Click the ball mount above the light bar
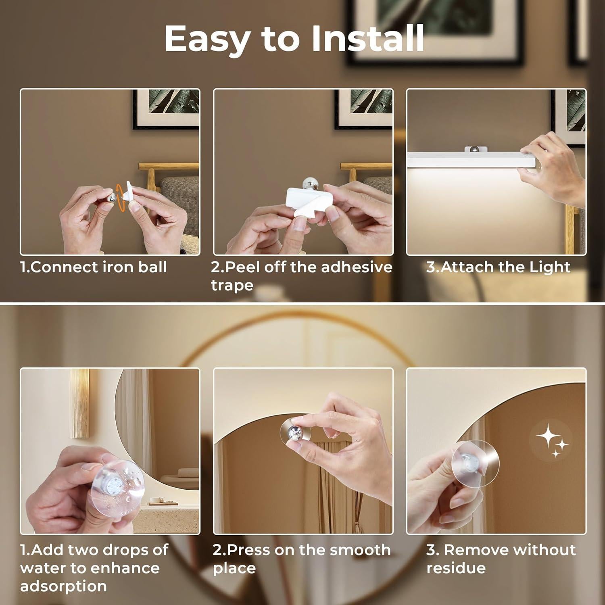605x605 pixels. click(x=476, y=149)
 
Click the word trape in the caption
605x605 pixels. click(x=232, y=285)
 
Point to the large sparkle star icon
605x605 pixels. click(x=546, y=437)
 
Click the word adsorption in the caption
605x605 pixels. click(x=63, y=586)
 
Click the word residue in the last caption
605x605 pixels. click(x=456, y=568)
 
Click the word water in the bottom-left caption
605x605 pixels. click(x=44, y=568)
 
